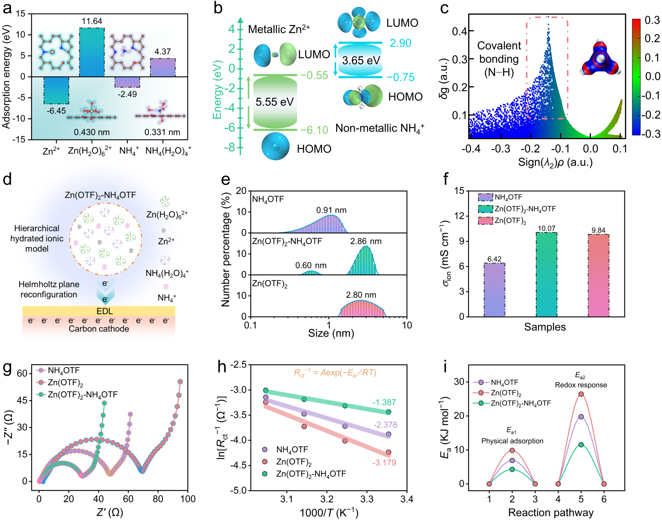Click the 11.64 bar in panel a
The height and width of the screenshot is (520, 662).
pos(92,52)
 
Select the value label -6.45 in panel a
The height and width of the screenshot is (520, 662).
pos(56,111)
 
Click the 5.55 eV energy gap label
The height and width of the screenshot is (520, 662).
pos(274,102)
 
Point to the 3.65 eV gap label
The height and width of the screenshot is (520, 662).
pos(361,61)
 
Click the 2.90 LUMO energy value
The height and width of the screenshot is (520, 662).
pos(400,43)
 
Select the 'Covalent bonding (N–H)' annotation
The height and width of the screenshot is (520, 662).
pos(499,59)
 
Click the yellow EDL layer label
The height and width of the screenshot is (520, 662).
pos(105,311)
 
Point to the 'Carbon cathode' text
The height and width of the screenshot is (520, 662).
pos(99,329)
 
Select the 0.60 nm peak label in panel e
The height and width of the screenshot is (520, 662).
pos(311,266)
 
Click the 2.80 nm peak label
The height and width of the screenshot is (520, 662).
pos(361,295)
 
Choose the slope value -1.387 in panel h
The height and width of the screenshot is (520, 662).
pos(384,402)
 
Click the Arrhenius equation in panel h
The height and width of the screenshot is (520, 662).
pos(335,373)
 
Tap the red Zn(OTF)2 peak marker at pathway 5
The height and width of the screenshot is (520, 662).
pos(581,394)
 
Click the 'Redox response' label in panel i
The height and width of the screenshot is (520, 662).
pos(581,385)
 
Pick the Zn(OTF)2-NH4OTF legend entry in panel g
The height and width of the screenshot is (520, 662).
pos(82,395)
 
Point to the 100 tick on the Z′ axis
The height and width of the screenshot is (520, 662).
pos(188,499)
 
